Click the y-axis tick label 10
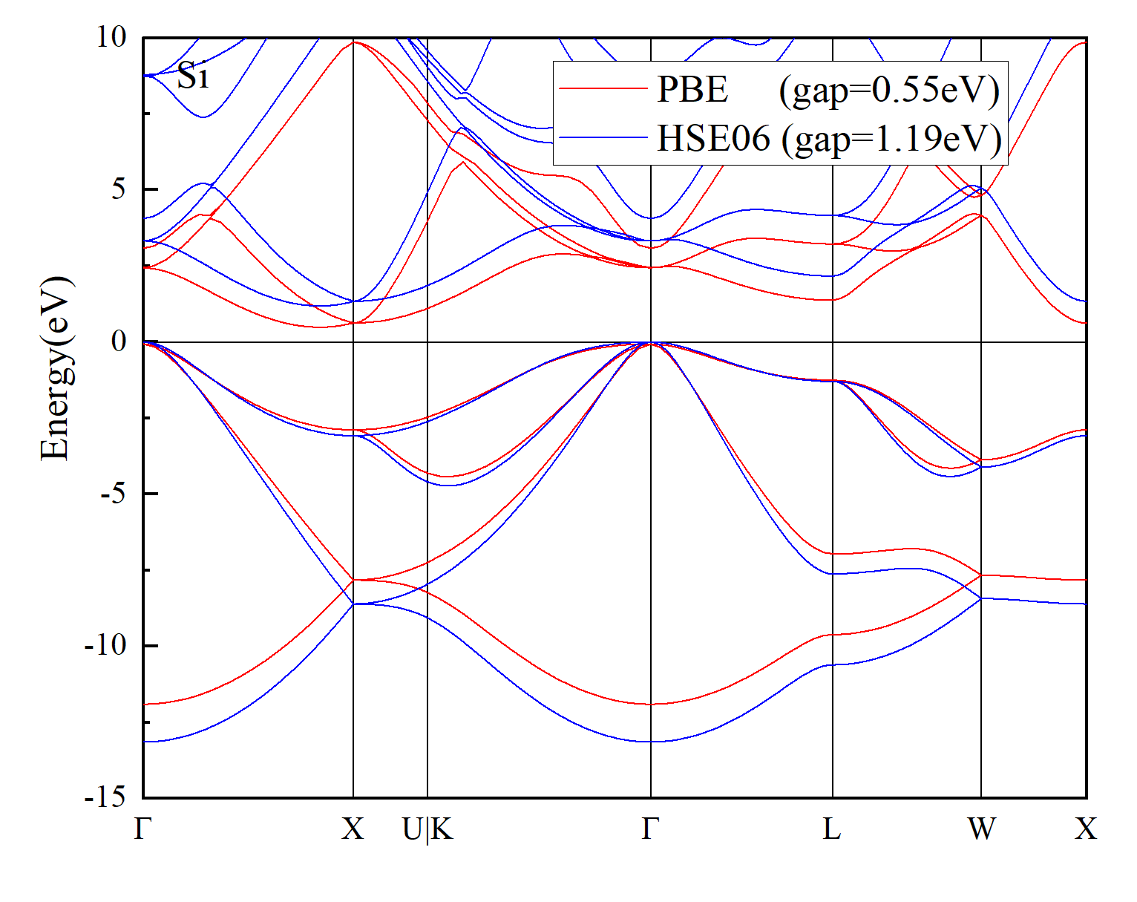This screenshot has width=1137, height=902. (111, 38)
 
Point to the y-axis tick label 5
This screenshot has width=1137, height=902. (119, 189)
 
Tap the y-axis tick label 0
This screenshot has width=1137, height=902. (119, 341)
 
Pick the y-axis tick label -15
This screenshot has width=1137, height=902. (106, 797)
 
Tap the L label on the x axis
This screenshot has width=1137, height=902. (832, 829)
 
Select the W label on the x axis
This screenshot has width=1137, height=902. (982, 829)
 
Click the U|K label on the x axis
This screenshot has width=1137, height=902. (427, 829)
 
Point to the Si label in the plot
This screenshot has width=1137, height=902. (192, 74)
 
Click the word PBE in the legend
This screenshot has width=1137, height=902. (692, 89)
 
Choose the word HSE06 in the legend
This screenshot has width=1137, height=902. (713, 138)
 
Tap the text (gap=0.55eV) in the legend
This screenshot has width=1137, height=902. (889, 91)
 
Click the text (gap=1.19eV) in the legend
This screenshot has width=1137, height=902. (891, 140)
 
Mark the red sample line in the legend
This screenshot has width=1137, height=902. (603, 89)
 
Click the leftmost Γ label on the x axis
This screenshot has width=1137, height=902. (142, 829)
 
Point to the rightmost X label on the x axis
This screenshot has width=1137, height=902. (1086, 829)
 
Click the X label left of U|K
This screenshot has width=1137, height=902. (353, 829)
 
